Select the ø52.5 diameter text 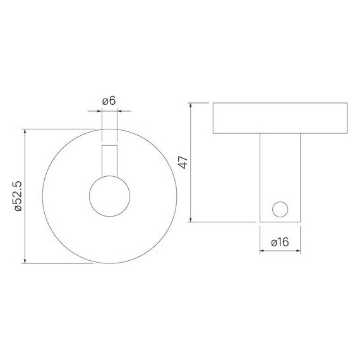coord(18,196)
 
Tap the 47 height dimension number coord(183,163)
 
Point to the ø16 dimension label coord(280,241)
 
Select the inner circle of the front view coord(109,196)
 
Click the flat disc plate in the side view coord(280,118)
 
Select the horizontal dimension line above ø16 coord(280,251)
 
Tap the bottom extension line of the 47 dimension coord(221,222)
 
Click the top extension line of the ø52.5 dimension coord(60,129)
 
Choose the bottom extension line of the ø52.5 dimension coord(60,263)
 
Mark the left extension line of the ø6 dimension coord(102,126)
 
